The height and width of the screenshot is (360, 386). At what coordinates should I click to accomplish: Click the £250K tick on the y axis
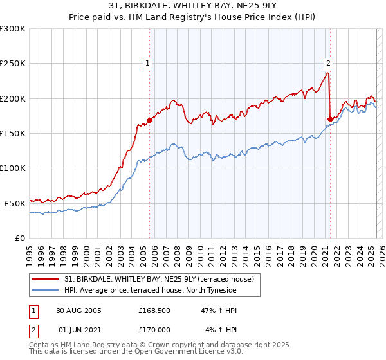click(12, 64)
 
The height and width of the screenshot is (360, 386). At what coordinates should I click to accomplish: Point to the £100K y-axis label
click(12, 168)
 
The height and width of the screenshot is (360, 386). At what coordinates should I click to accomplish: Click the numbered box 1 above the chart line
click(149, 63)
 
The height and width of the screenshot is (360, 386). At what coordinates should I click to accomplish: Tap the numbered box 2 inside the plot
click(328, 63)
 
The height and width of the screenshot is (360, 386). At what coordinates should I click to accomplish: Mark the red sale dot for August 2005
click(150, 120)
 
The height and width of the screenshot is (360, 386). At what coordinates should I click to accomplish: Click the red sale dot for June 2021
click(330, 119)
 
